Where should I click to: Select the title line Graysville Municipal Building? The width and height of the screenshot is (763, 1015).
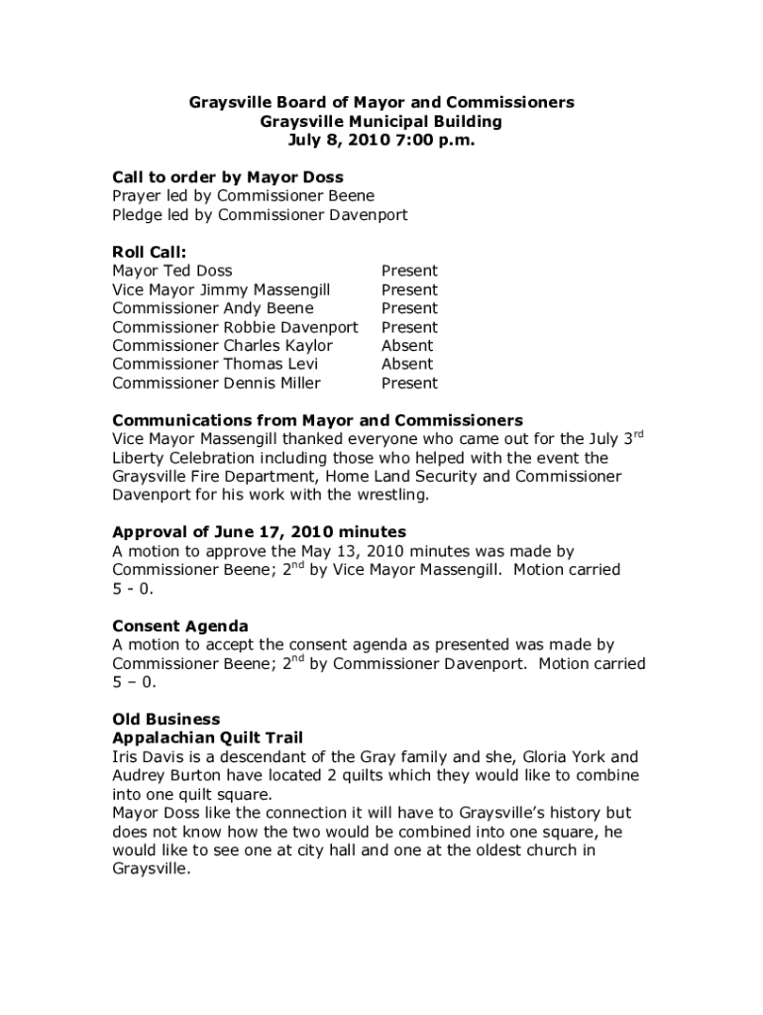[x=381, y=122]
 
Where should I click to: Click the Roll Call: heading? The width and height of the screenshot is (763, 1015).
[x=150, y=252]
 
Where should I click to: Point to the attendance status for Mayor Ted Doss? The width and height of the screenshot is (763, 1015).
[x=409, y=271]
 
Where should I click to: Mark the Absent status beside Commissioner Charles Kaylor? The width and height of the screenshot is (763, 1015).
[x=407, y=346]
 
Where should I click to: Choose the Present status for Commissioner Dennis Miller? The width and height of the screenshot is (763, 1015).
[x=409, y=384]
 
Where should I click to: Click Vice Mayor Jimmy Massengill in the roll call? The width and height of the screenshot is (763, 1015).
[x=221, y=289]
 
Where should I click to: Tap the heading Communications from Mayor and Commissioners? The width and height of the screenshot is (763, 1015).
[x=317, y=420]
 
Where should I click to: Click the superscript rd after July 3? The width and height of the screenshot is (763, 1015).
[x=638, y=434]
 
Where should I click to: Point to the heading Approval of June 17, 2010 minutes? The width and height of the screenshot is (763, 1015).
[x=259, y=531]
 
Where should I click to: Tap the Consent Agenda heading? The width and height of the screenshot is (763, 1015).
[x=180, y=625]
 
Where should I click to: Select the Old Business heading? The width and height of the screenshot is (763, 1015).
[x=166, y=719]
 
